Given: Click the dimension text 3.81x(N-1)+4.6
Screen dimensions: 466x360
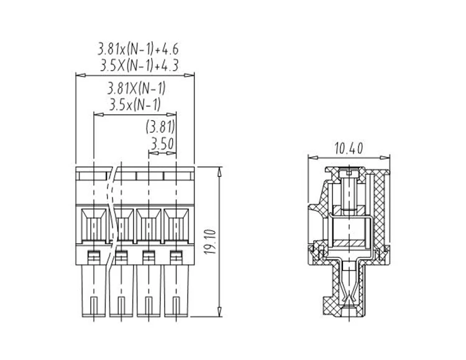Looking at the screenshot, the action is (138, 49).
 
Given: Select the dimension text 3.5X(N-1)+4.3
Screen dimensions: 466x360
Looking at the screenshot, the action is (139, 65).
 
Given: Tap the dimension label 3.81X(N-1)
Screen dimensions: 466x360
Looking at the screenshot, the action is (136, 89).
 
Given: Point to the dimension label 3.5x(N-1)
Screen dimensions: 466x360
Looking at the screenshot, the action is (135, 104).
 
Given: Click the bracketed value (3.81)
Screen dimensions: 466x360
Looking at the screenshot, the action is (160, 127).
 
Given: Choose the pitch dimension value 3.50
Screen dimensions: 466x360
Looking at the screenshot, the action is (162, 144).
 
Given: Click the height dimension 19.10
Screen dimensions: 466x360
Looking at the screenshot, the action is (211, 242).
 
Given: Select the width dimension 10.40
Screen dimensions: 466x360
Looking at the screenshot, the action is (349, 149).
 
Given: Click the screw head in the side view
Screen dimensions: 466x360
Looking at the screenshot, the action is (349, 172).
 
